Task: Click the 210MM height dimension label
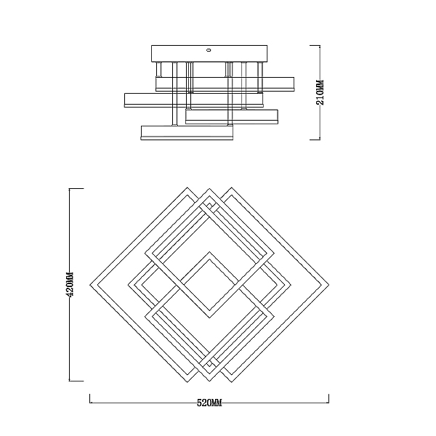tap(320, 92)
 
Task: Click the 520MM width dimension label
tap(209, 403)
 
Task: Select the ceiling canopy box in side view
tap(209, 54)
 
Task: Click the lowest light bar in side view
tap(187, 133)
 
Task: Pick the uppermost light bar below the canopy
tap(225, 84)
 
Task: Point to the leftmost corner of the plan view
tap(90, 285)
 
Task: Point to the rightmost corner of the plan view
tap(329, 285)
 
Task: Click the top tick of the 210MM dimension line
tap(315, 45)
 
